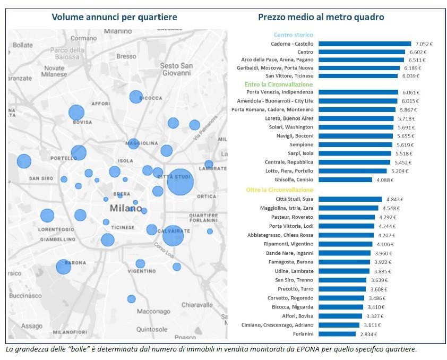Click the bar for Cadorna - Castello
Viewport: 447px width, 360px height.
pos(364,44)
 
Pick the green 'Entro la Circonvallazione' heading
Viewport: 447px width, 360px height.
pos(279,84)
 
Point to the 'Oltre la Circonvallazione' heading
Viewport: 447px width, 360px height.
pos(279,190)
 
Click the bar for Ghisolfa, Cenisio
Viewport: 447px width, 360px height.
pos(345,179)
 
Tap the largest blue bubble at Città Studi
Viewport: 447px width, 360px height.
pos(180,183)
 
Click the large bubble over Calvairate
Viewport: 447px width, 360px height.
pos(173,234)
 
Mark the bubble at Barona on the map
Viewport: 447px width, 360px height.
pos(63,267)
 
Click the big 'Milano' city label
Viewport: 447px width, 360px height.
pos(125,208)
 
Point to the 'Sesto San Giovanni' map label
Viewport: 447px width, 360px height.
pos(177,70)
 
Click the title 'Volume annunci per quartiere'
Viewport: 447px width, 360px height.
pos(114,17)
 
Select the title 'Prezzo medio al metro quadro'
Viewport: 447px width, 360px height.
pos(321,17)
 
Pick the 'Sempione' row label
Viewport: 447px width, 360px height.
pos(301,144)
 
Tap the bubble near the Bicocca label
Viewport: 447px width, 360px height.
pos(136,97)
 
